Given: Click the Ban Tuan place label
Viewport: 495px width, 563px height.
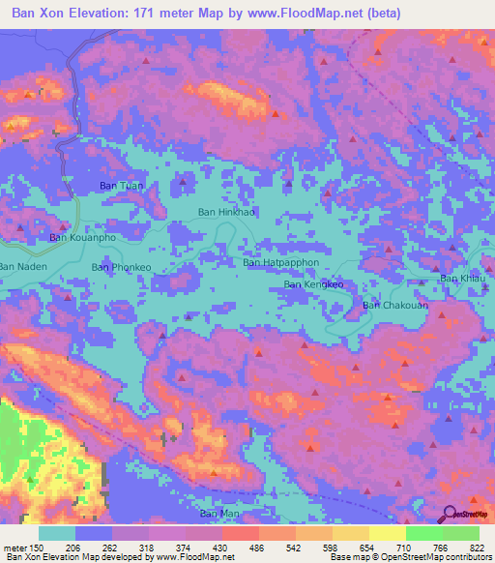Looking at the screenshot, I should click(x=121, y=186).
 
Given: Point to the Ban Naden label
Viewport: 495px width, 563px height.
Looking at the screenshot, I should click(x=21, y=266).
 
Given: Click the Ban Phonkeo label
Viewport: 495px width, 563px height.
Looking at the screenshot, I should click(x=121, y=266).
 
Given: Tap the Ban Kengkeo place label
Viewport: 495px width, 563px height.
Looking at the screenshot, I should click(x=312, y=285).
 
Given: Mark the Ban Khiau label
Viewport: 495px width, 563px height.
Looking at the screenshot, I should click(x=460, y=279).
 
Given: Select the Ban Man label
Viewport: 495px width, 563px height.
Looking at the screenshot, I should click(x=218, y=513).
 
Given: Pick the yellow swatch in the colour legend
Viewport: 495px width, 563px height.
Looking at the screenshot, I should click(x=387, y=533).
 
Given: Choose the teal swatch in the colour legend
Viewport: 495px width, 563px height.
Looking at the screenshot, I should click(x=57, y=533).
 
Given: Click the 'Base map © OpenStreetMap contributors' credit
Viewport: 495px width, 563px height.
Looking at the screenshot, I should click(x=409, y=557).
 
